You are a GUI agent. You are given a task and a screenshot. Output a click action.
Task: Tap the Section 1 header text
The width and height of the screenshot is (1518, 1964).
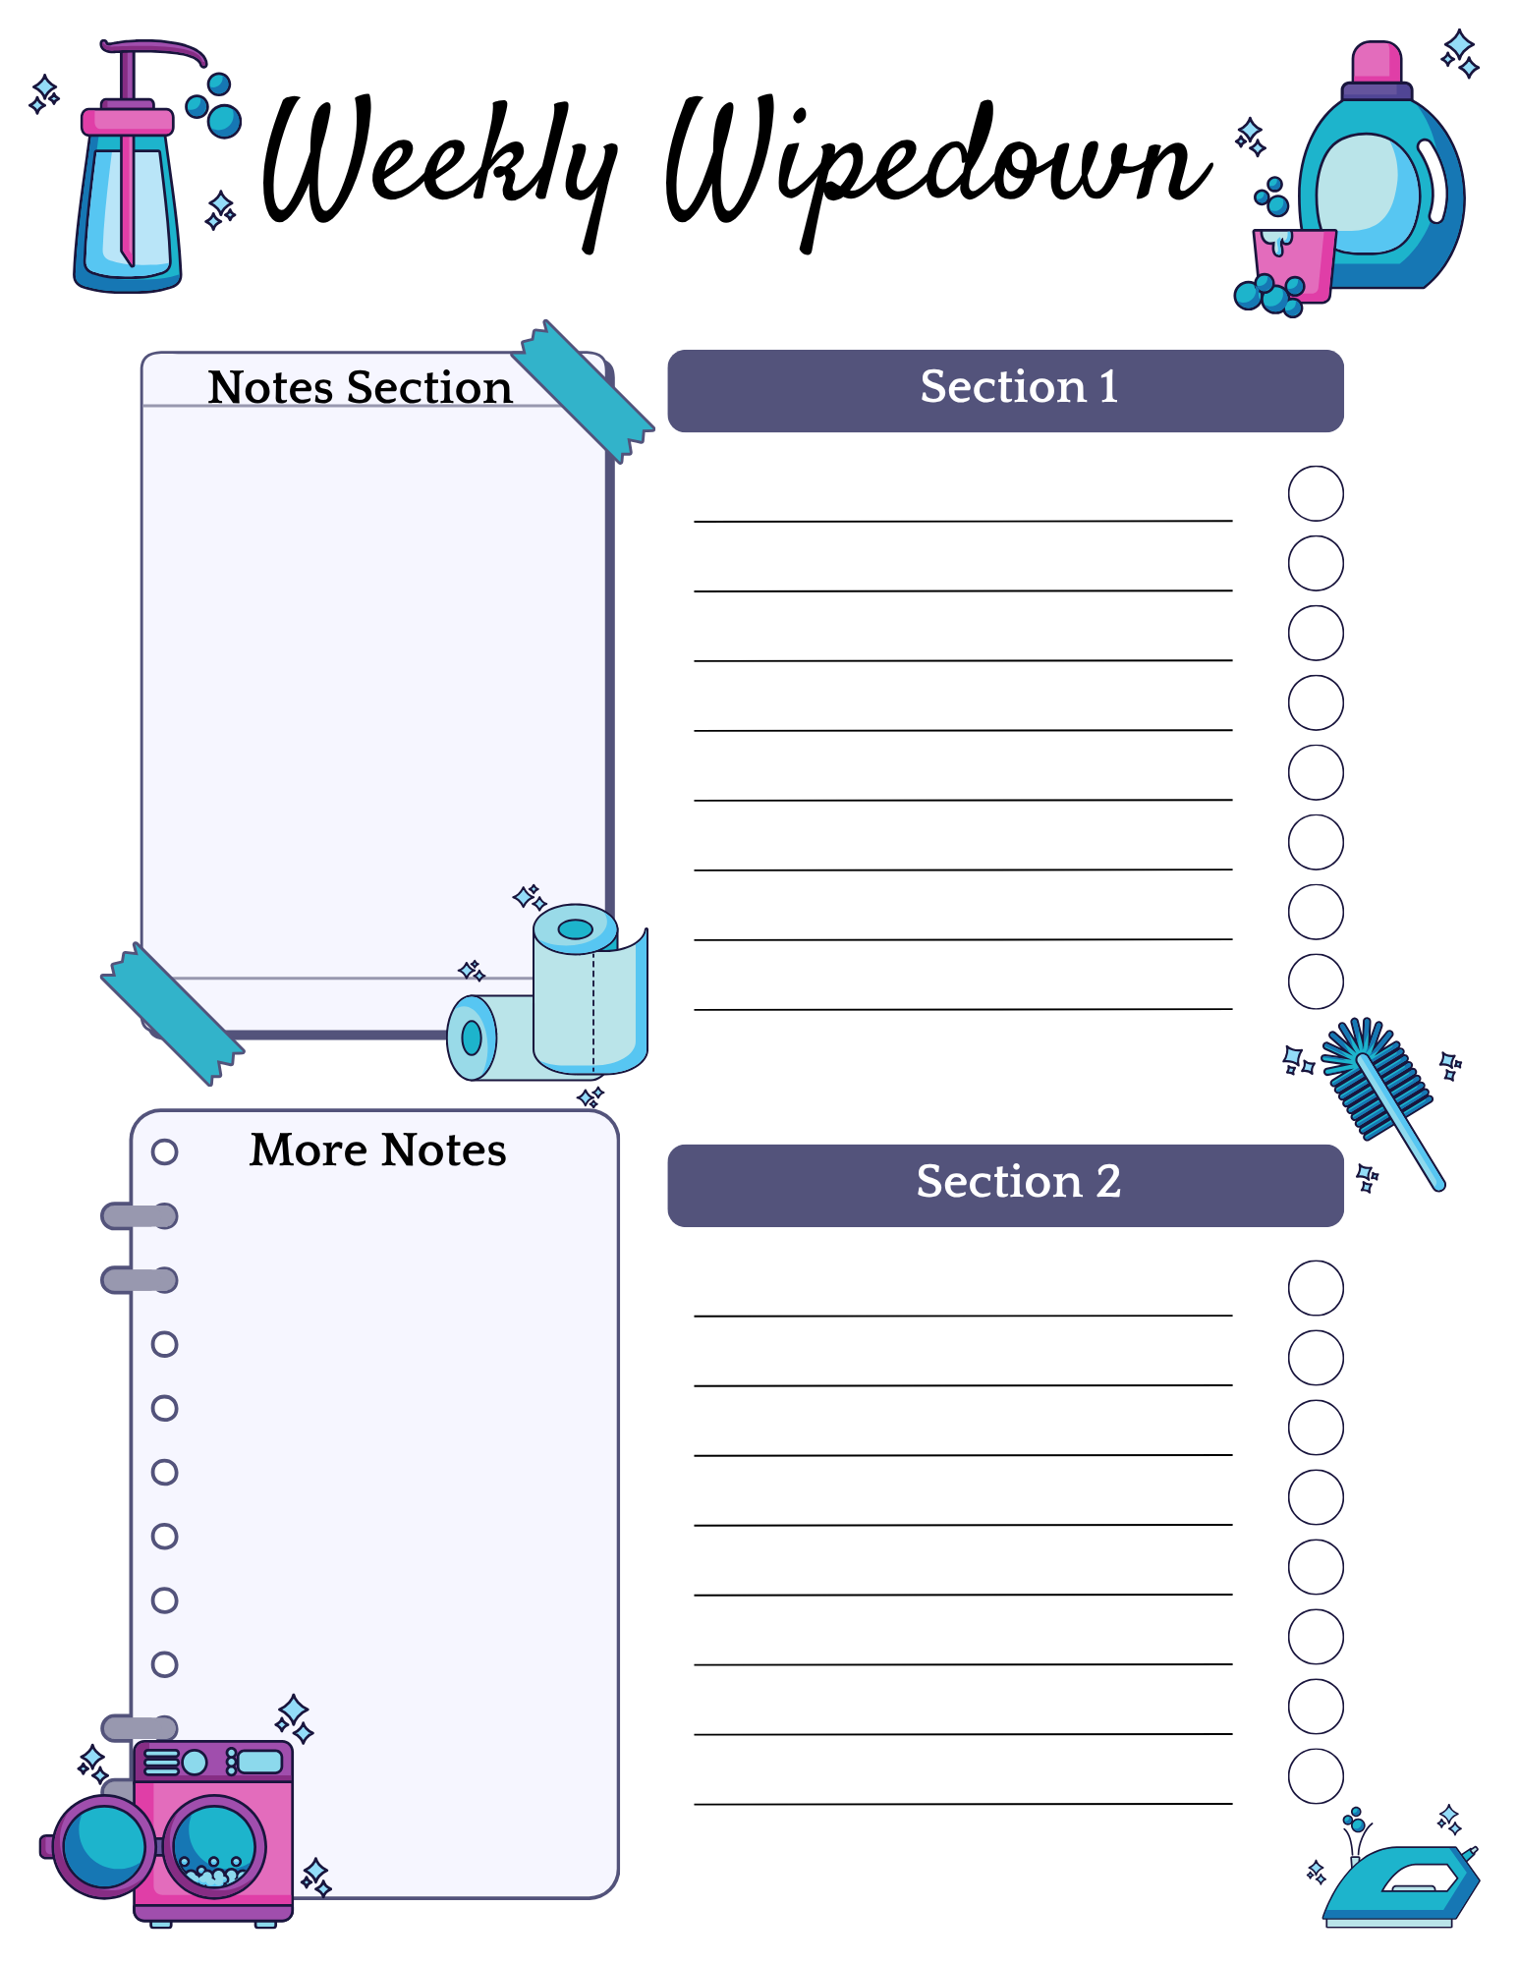(x=1019, y=387)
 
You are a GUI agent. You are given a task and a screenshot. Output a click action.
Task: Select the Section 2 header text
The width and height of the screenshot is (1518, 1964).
(x=1019, y=1181)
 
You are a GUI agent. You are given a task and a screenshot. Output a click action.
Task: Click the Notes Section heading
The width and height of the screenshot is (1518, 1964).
(x=360, y=387)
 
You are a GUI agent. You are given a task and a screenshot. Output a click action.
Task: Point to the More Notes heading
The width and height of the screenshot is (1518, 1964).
(x=378, y=1150)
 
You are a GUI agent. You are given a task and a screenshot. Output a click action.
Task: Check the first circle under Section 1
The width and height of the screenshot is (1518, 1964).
(x=1316, y=493)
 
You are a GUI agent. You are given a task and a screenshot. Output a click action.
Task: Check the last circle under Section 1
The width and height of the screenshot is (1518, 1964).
(x=1316, y=982)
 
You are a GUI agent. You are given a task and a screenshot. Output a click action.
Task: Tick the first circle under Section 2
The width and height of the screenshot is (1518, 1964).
(x=1316, y=1288)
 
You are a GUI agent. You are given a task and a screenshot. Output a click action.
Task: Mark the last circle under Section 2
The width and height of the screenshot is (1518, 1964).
(x=1316, y=1776)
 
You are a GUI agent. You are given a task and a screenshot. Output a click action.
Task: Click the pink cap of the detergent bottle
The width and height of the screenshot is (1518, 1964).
(x=1377, y=62)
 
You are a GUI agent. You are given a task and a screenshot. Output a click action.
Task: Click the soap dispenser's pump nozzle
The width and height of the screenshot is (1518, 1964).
(x=157, y=49)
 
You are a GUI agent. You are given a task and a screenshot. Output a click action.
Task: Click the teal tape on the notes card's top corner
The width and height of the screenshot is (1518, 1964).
(x=583, y=391)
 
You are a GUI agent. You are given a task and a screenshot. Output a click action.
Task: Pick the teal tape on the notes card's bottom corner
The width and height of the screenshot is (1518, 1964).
(x=173, y=1014)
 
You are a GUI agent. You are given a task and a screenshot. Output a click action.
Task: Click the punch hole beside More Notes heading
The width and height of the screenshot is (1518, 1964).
(x=164, y=1151)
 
